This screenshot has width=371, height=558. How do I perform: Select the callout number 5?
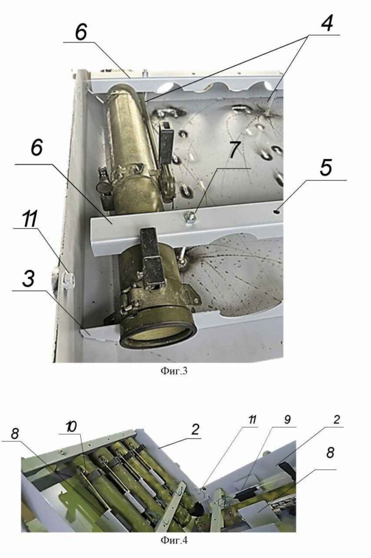[326, 168]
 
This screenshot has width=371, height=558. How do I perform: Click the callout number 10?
[71, 427]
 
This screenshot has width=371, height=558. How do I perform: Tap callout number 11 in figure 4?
[252, 420]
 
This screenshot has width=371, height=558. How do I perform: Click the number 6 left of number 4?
[81, 33]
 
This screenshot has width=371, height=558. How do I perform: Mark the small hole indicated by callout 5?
[277, 212]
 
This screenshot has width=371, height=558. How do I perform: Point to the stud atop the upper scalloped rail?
[145, 73]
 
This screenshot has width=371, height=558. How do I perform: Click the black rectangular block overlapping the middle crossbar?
[151, 258]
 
